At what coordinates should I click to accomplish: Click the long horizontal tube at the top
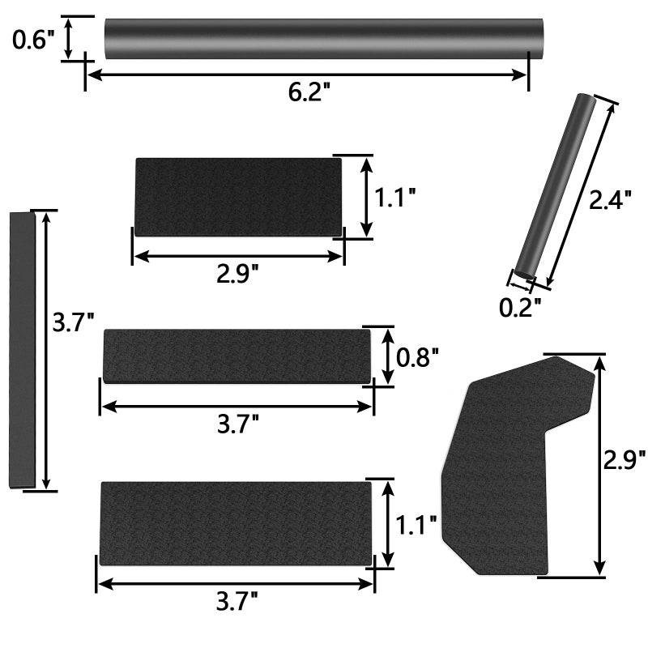tap(324, 38)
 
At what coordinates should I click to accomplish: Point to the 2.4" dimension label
tap(609, 199)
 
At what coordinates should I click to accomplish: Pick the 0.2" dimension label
tap(519, 306)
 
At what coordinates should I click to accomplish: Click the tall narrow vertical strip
tap(23, 350)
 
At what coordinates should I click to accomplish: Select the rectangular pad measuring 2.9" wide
tap(237, 197)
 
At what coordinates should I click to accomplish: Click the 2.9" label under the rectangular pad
tap(237, 274)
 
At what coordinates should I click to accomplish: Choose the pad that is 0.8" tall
tap(236, 356)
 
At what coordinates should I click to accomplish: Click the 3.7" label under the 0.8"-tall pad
tap(237, 423)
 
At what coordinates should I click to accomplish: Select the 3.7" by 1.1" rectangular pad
tap(236, 523)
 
